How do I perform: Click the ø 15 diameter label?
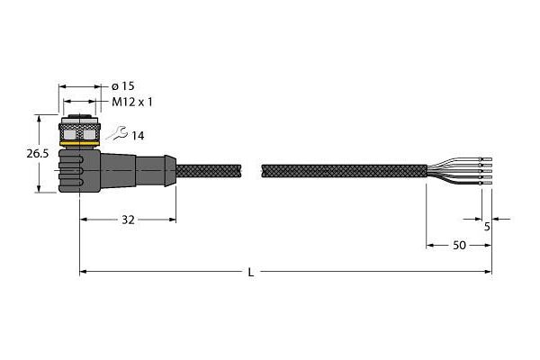tap(123, 86)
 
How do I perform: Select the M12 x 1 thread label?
tap(132, 102)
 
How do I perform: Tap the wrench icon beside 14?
tap(117, 133)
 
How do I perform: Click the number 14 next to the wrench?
tap(138, 136)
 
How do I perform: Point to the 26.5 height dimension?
tap(38, 154)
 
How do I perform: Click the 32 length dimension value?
tap(128, 220)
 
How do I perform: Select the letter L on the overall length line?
tap(251, 273)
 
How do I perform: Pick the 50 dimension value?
tap(459, 246)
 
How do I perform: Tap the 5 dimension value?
tap(487, 227)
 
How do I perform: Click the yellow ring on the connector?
tap(79, 143)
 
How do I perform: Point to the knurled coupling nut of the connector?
tap(79, 131)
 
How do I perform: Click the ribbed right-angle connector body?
tap(79, 170)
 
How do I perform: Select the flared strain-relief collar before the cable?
tap(170, 171)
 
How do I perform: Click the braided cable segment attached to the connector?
tap(209, 171)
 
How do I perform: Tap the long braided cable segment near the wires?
tap(344, 171)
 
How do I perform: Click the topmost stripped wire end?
tap(487, 159)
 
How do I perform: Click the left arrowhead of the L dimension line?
tap(83, 272)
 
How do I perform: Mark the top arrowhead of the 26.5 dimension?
tap(39, 118)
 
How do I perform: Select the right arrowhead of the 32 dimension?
tap(173, 220)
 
